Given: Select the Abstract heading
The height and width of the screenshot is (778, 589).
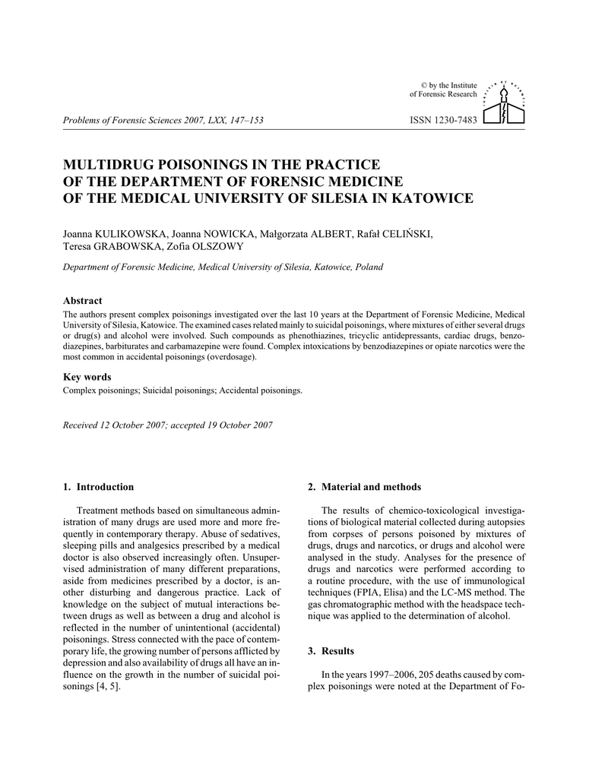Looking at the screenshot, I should [82, 301].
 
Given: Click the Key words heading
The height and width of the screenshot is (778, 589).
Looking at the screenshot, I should [87, 377].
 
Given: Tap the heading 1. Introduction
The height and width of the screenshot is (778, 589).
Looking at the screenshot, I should [99, 487].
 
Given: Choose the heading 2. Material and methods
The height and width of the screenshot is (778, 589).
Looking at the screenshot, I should [364, 487].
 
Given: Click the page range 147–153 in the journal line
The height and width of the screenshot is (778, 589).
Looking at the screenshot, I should [245, 121].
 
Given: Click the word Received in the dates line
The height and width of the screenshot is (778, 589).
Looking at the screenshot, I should [80, 425].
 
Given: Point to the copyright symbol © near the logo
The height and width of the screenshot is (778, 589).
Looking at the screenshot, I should [424, 85].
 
